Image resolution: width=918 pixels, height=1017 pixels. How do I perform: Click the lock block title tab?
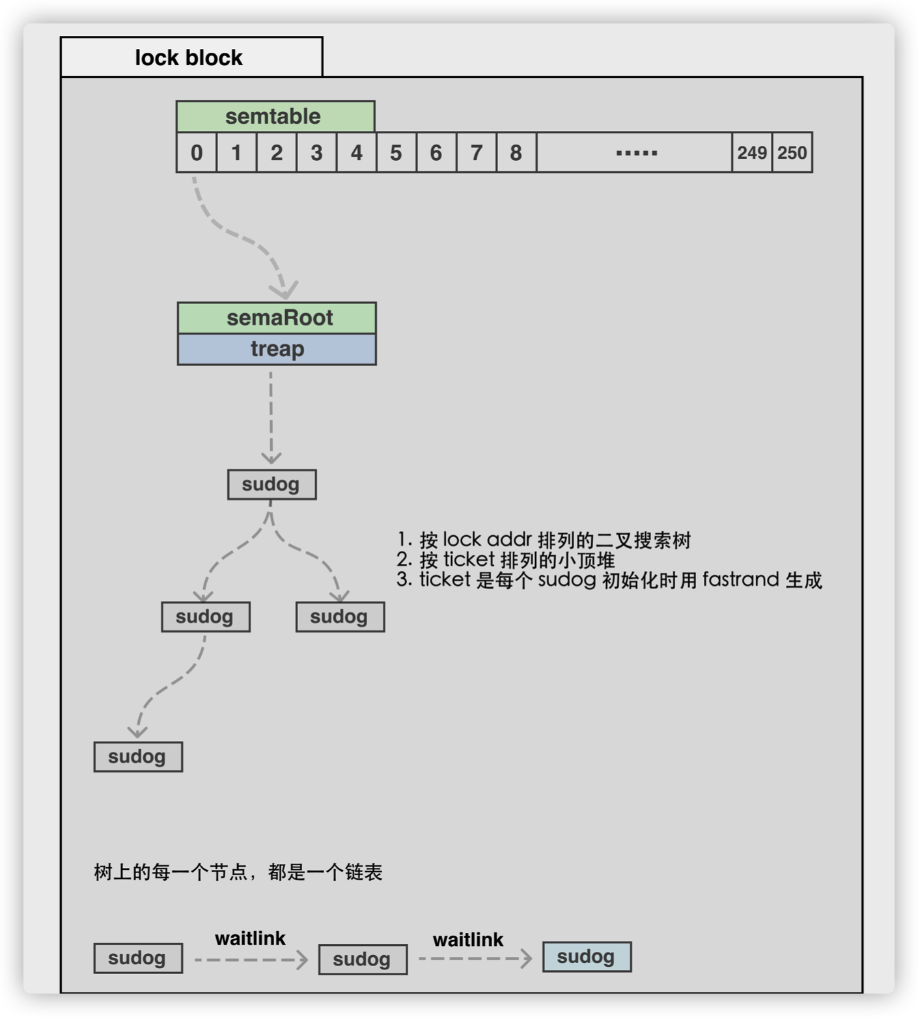(191, 57)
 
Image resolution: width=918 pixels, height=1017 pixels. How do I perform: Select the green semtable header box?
(275, 117)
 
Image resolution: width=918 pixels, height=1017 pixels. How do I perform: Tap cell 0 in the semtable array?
(196, 152)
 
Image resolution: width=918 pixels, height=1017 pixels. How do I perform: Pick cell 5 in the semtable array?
(396, 152)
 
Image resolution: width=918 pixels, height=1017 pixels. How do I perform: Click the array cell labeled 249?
(752, 152)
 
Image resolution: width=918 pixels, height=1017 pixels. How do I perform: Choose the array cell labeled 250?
(792, 152)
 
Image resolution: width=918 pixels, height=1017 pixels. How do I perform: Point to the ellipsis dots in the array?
(636, 153)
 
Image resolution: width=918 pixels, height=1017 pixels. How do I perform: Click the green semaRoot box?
(277, 318)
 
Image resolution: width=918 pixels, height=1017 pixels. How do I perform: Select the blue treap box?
(277, 350)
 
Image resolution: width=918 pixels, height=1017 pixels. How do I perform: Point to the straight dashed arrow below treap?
(271, 417)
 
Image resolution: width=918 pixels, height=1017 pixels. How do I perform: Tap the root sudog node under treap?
(271, 484)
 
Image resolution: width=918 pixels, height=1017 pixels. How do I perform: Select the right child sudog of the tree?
(340, 617)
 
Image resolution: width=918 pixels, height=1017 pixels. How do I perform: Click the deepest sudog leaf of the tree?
(138, 757)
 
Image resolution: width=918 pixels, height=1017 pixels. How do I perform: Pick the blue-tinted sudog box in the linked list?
(587, 956)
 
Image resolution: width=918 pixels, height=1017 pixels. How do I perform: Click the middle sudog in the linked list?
(363, 959)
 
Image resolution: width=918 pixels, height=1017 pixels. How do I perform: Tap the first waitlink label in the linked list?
(250, 938)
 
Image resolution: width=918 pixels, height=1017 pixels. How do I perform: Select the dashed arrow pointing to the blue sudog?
(475, 958)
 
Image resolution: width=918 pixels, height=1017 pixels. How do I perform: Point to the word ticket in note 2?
(469, 559)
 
